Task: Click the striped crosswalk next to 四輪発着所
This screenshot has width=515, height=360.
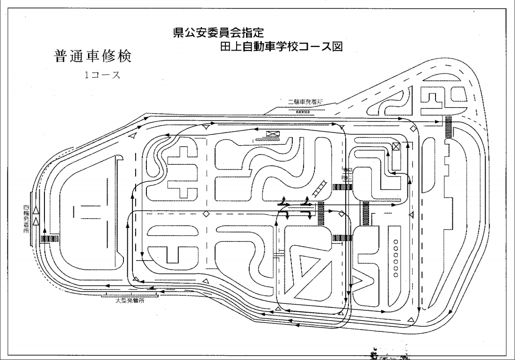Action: click(49, 239)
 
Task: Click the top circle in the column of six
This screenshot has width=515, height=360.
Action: click(396, 242)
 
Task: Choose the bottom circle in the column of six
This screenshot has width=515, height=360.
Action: click(396, 275)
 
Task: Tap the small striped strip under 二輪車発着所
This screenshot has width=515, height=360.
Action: click(303, 111)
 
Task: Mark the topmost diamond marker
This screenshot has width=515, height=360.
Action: click(413, 128)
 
